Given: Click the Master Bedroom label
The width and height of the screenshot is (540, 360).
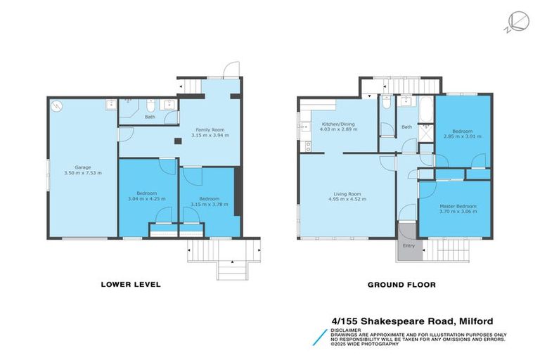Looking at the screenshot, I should pyautogui.click(x=458, y=206).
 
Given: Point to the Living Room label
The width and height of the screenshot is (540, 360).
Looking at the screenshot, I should pyautogui.click(x=347, y=193).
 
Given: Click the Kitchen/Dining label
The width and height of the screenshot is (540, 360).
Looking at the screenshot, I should pyautogui.click(x=338, y=124).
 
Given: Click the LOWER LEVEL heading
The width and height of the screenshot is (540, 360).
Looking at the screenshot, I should pyautogui.click(x=131, y=285).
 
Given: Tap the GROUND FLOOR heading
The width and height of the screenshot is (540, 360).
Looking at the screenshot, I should pyautogui.click(x=401, y=285).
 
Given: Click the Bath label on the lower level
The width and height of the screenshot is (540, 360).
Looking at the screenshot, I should pyautogui.click(x=150, y=117).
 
